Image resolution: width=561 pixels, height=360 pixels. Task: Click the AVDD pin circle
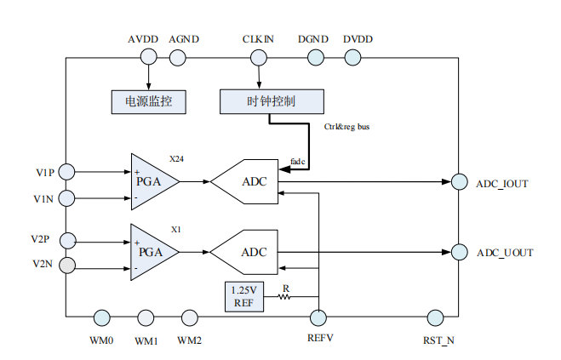pos(148,57)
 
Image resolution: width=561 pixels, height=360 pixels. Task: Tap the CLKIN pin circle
pos(257,57)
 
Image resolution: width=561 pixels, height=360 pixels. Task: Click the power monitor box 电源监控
pos(149,101)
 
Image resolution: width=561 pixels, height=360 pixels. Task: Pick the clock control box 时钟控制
pos(271,101)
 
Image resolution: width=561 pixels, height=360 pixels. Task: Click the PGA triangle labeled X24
pos(152,181)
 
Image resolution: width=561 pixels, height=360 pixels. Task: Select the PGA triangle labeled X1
pos(152,252)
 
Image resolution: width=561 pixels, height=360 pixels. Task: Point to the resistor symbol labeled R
pos(284,297)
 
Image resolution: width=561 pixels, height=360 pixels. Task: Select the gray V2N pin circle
pos(66,265)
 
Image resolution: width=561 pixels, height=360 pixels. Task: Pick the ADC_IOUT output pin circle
pos(459,181)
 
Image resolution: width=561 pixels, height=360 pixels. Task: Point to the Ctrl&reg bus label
pos(346,128)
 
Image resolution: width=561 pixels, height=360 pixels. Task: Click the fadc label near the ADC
pos(297,160)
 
